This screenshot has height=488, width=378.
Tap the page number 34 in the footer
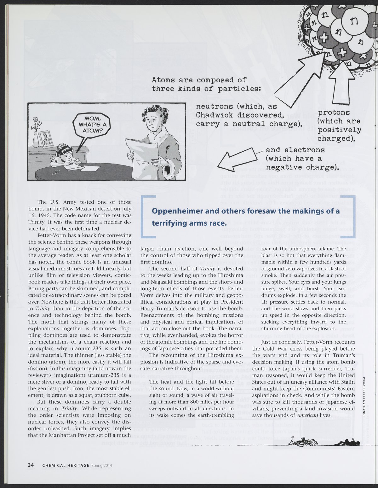pyautogui.click(x=31, y=465)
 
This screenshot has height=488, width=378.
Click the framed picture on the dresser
pyautogui.click(x=45, y=139)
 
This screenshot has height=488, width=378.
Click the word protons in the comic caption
pyautogui.click(x=334, y=113)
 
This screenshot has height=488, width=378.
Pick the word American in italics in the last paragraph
pyautogui.click(x=307, y=415)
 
